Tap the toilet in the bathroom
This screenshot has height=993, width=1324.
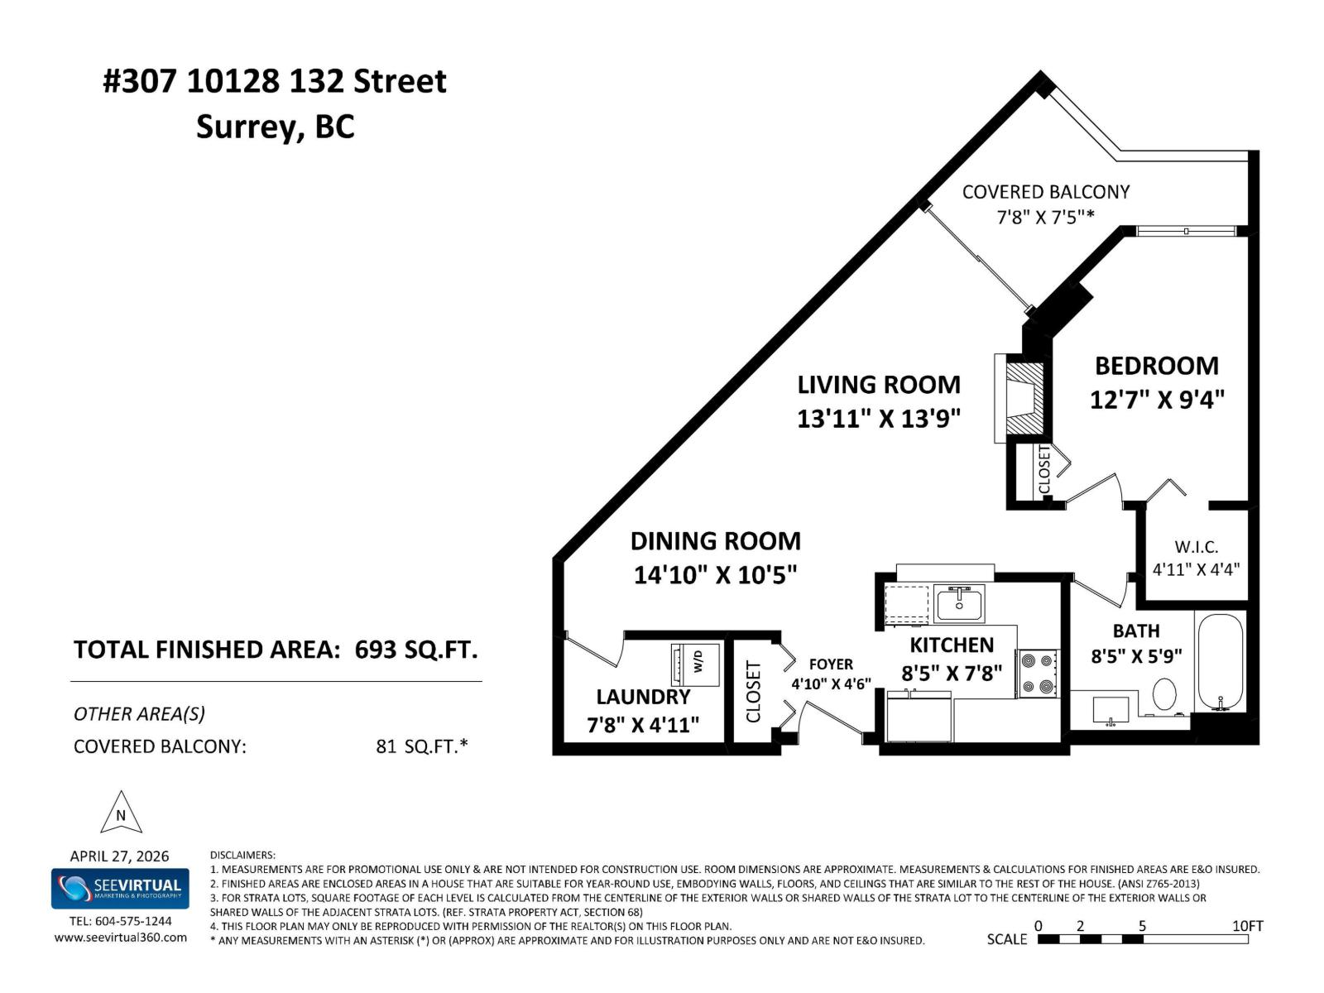click(1164, 693)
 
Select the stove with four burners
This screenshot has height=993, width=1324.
click(1038, 674)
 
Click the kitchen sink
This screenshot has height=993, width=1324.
click(959, 603)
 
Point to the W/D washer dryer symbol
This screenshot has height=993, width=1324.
click(696, 663)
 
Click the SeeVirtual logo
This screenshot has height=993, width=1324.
click(121, 888)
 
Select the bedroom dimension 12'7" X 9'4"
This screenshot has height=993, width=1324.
click(1156, 400)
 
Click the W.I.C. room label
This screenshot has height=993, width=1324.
click(1196, 547)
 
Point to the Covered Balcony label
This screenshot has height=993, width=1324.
click(1045, 192)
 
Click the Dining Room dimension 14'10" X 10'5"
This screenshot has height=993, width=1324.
click(715, 574)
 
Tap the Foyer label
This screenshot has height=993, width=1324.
click(831, 664)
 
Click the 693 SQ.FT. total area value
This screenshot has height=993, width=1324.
click(416, 650)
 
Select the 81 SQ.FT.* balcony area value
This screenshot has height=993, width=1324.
click(421, 746)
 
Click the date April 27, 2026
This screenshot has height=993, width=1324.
click(119, 856)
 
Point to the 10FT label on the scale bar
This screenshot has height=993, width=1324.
click(1247, 925)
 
